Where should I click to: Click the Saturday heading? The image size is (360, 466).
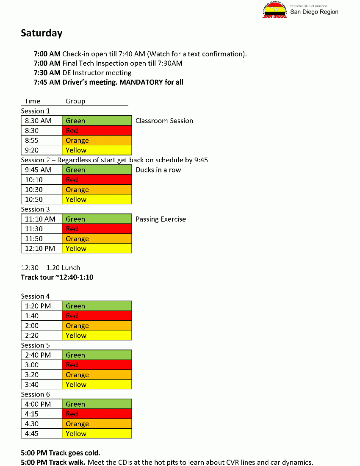click(x=42, y=33)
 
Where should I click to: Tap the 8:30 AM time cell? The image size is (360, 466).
click(x=41, y=121)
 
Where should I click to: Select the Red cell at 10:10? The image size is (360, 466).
click(x=97, y=180)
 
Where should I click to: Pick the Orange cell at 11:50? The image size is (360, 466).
click(x=97, y=239)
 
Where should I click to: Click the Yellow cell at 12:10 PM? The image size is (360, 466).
click(x=97, y=249)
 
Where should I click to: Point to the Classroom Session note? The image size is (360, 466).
click(x=164, y=121)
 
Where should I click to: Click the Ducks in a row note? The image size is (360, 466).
click(x=158, y=170)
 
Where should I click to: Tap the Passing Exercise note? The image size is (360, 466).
click(x=161, y=219)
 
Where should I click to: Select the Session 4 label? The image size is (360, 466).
click(x=35, y=296)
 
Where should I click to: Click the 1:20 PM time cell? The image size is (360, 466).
click(x=41, y=306)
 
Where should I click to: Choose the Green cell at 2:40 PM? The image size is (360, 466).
click(x=97, y=355)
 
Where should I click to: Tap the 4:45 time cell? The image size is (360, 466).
click(x=41, y=433)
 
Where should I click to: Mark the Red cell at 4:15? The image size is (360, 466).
click(x=97, y=414)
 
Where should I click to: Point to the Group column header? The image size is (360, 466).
click(x=75, y=101)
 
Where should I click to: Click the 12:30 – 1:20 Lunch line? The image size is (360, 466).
click(x=50, y=268)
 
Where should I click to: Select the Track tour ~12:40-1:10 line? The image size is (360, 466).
click(x=57, y=277)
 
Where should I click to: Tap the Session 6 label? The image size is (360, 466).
click(x=35, y=394)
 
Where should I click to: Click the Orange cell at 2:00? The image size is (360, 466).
click(x=97, y=326)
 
